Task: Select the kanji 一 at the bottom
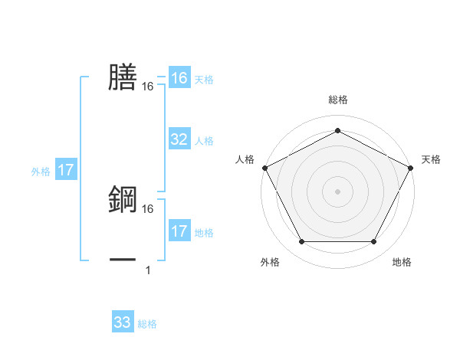pos(123,260)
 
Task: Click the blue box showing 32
pos(179,139)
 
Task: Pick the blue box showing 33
pos(123,322)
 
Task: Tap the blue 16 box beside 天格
pos(179,78)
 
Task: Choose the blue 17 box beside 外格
pos(66,170)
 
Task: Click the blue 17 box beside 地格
pos(179,231)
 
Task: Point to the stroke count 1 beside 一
pos(148,270)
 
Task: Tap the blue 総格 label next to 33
pos(147,324)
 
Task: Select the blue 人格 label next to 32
pos(204,141)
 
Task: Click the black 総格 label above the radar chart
pos(337,100)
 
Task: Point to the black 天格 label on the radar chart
pos(432,159)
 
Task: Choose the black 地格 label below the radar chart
pos(402,263)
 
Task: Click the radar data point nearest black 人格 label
pos(264,167)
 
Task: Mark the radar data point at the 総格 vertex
pos(337,129)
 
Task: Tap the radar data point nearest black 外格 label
pos(301,242)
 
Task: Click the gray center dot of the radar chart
pos(337,191)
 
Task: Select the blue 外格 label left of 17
pos(41,172)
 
